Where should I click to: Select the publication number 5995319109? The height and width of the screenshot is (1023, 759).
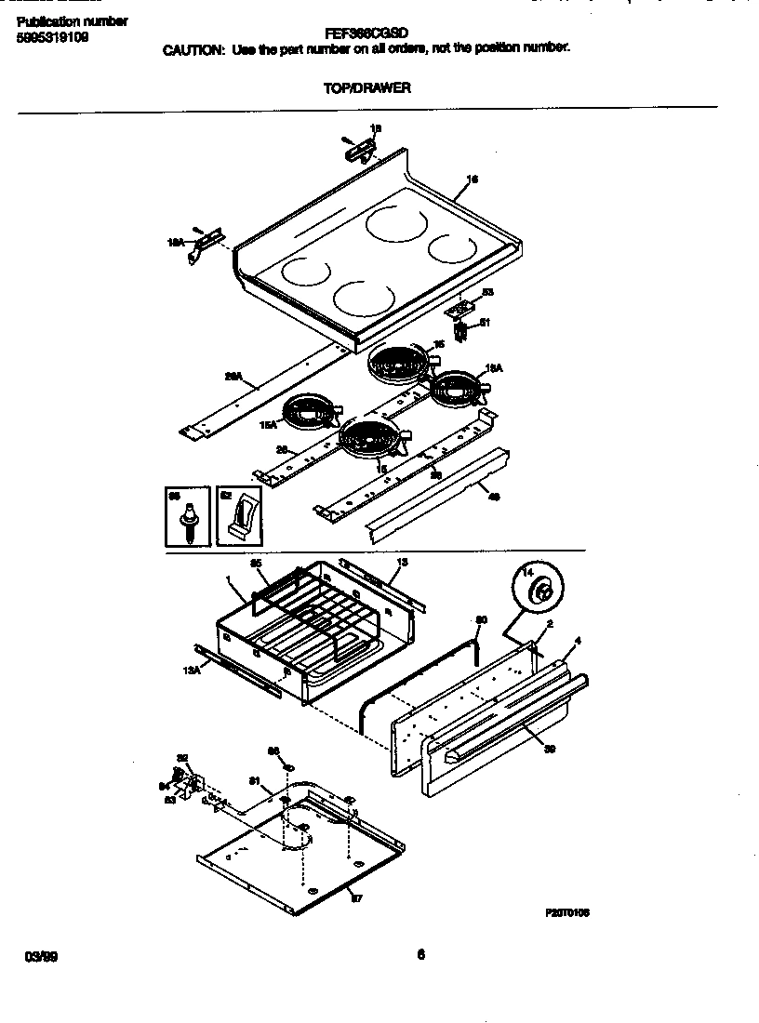click(53, 38)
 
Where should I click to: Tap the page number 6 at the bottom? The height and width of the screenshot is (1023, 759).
click(420, 952)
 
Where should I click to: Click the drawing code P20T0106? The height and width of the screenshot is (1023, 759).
click(566, 913)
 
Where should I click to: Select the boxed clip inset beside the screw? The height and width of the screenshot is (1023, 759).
click(240, 515)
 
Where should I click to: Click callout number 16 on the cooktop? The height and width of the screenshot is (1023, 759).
click(472, 179)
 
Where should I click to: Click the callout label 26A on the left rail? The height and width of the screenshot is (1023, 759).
click(233, 377)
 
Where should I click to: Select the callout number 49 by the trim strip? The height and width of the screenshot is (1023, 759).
click(493, 497)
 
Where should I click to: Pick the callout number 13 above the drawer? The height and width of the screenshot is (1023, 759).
click(402, 562)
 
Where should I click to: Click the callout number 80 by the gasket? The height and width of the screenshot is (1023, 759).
click(481, 619)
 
